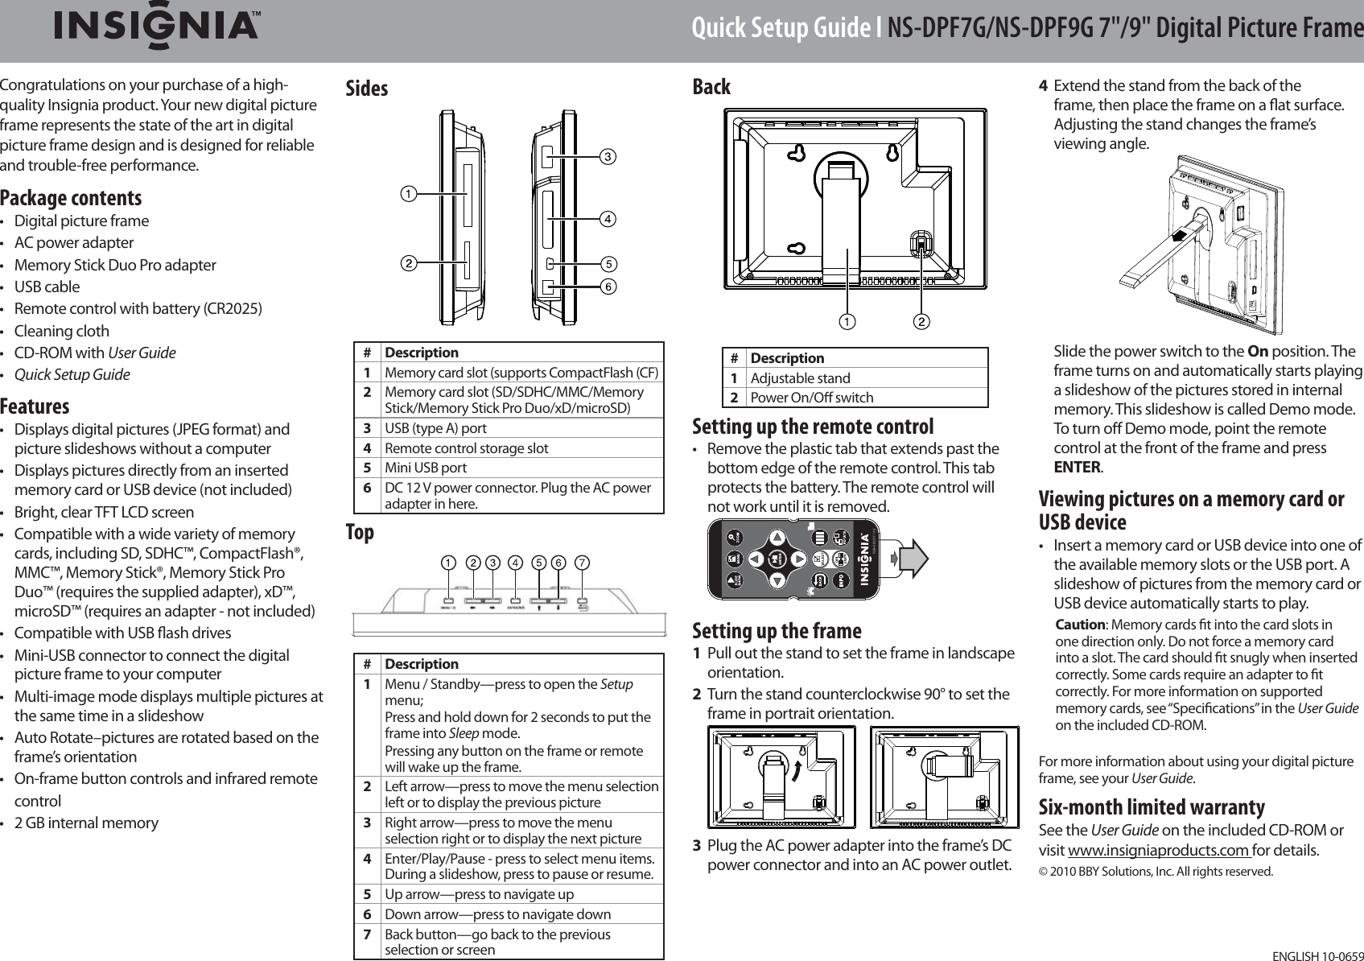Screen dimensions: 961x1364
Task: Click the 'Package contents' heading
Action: [71, 198]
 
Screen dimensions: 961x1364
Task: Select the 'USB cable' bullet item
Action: [47, 287]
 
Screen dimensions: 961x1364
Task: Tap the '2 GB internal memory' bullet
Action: [86, 823]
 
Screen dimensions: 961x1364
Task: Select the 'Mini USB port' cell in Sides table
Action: [425, 468]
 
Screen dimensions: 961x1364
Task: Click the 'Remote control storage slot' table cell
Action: [467, 448]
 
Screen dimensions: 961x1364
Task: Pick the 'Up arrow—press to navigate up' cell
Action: [480, 894]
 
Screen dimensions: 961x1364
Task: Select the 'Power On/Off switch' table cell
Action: [811, 397]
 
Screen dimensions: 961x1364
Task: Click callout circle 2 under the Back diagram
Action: [921, 322]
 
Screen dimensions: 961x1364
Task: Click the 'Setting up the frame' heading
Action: [777, 630]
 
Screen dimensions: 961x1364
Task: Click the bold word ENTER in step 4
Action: [1077, 467]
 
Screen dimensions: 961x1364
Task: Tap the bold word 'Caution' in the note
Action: [1079, 625]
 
